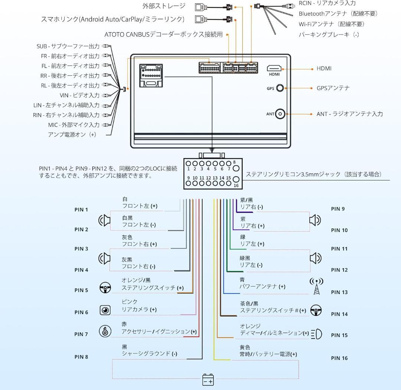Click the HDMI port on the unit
tap(274, 68)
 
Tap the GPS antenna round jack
tap(280, 88)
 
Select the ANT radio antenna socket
tap(280, 114)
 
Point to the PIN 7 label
tap(81, 334)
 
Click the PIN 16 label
tap(339, 358)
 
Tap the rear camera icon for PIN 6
tap(105, 310)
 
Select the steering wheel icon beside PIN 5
tap(105, 288)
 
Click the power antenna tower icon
tap(316, 286)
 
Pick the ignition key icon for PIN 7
tap(105, 331)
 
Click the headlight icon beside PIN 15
tap(316, 334)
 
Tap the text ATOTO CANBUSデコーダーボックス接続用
tap(163, 35)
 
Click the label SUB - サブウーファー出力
tap(68, 46)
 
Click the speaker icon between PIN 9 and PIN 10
tap(315, 220)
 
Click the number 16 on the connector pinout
tap(236, 186)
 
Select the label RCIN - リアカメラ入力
tap(327, 3)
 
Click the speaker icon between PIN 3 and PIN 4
tap(105, 258)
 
